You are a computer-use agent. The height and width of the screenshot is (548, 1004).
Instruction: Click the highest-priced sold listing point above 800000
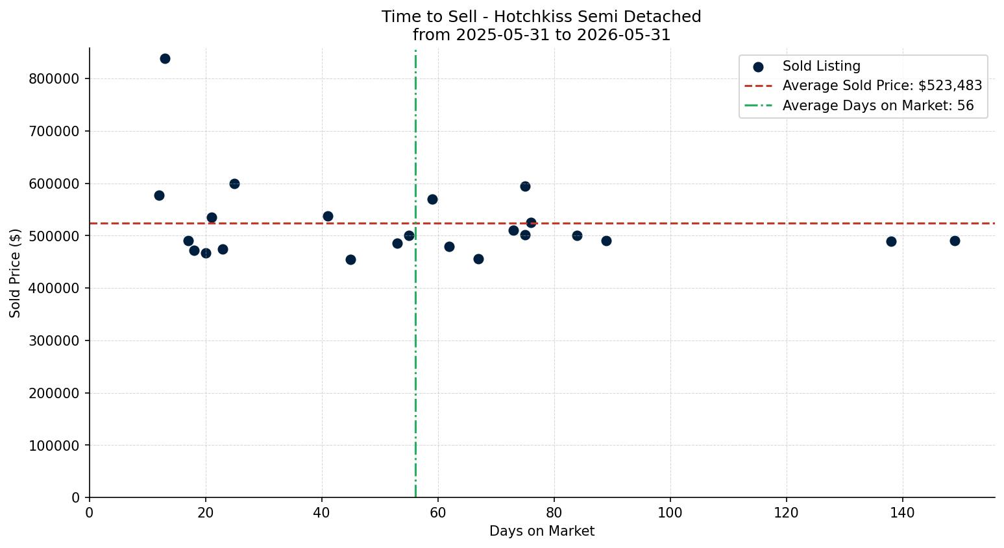pyautogui.click(x=165, y=58)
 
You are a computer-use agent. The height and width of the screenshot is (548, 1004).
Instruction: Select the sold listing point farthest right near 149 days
pyautogui.click(x=955, y=241)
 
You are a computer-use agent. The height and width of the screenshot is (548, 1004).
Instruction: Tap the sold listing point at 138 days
pyautogui.click(x=891, y=242)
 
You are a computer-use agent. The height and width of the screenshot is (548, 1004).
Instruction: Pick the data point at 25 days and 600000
pyautogui.click(x=234, y=184)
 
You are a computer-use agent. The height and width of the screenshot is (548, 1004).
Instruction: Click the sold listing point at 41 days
pyautogui.click(x=328, y=216)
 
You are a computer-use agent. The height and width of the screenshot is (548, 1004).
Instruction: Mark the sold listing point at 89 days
pyautogui.click(x=606, y=241)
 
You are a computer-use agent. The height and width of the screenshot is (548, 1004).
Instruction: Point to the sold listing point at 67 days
pyautogui.click(x=478, y=259)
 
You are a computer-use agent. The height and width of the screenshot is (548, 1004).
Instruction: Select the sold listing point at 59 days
pyautogui.click(x=432, y=199)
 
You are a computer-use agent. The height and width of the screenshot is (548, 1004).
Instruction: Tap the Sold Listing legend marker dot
pyautogui.click(x=758, y=67)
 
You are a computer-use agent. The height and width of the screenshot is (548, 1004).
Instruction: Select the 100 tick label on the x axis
pyautogui.click(x=670, y=512)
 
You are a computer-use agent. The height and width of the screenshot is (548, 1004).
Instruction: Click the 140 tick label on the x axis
pyautogui.click(x=902, y=512)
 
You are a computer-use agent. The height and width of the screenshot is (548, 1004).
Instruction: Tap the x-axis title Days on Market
pyautogui.click(x=542, y=531)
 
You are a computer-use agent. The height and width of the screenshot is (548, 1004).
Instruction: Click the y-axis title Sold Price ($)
pyautogui.click(x=15, y=273)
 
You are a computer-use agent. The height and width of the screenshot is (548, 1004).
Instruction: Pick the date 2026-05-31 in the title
pyautogui.click(x=624, y=35)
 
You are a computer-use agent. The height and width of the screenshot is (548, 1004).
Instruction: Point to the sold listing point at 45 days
pyautogui.click(x=350, y=259)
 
